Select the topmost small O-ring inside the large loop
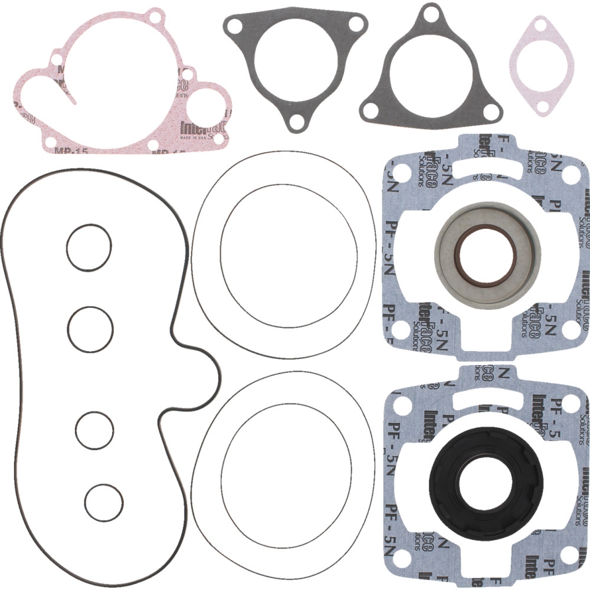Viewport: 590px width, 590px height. pyautogui.click(x=88, y=248)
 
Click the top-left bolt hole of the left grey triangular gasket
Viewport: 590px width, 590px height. pyautogui.click(x=234, y=25)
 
